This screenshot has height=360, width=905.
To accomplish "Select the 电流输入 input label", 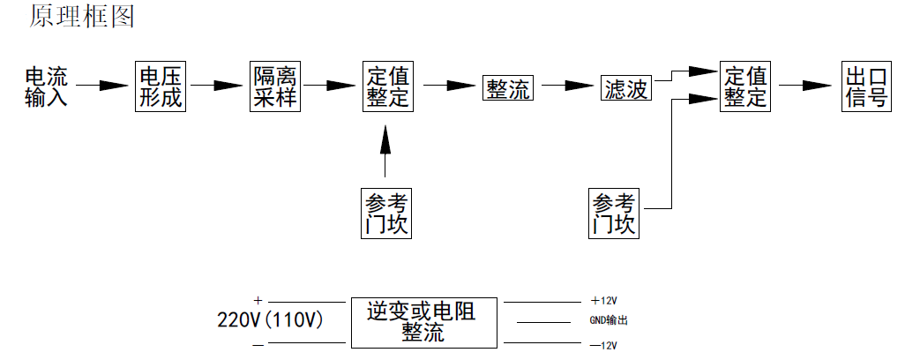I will [x=47, y=86].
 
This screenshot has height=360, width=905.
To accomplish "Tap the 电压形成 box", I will [x=161, y=86].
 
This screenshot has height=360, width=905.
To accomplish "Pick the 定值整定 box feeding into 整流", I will [x=387, y=86].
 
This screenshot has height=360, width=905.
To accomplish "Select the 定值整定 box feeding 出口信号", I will [x=745, y=86].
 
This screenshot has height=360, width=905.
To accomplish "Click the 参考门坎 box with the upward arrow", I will [x=386, y=213].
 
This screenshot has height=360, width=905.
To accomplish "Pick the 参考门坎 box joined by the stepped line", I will [x=614, y=213].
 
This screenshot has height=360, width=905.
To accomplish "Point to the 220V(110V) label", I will [x=270, y=320].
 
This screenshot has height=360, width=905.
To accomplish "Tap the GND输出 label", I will [x=608, y=321].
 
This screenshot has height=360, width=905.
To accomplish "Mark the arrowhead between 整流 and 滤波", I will [x=579, y=86].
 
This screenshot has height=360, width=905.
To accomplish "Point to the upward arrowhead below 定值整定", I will [x=385, y=139].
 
